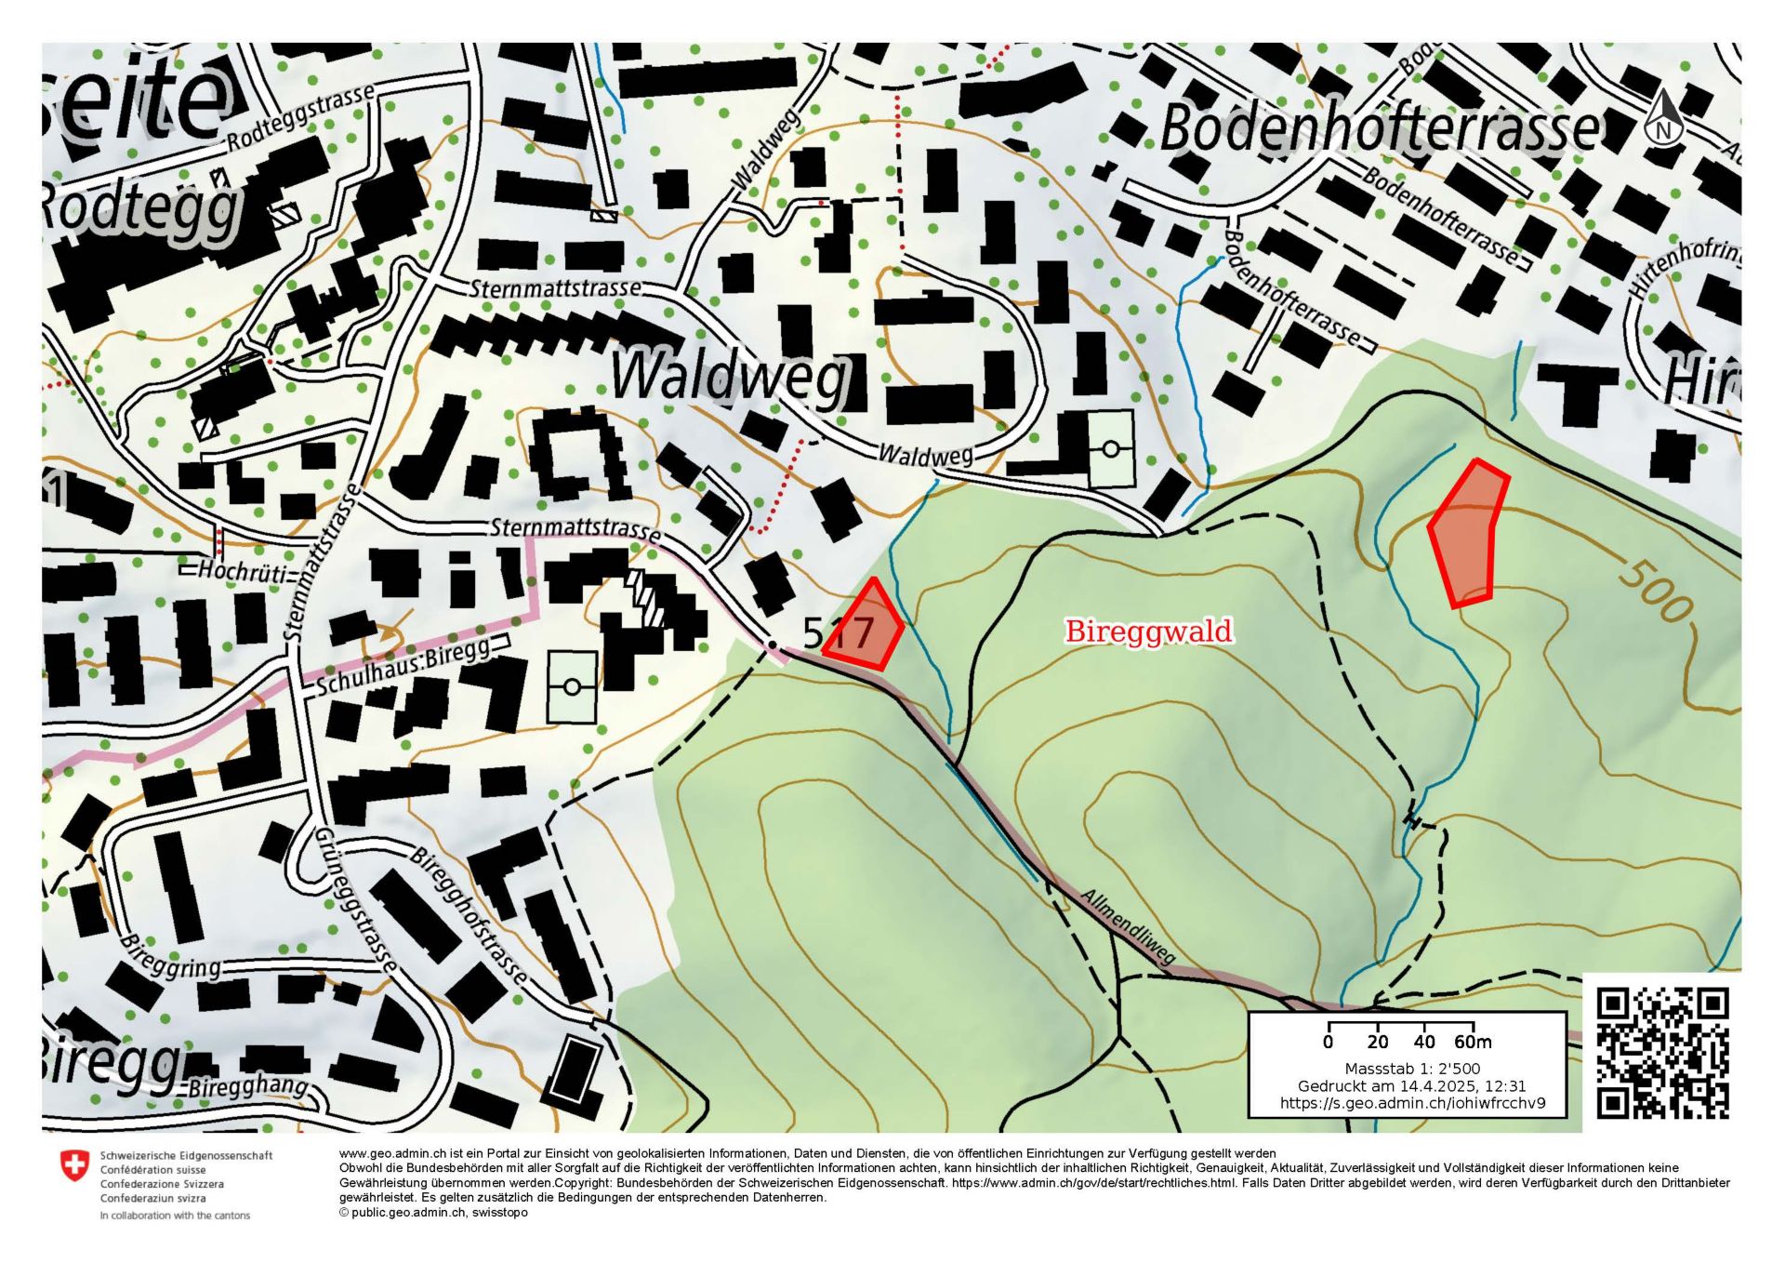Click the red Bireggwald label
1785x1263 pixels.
tap(1148, 631)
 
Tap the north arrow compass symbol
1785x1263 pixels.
tap(1664, 119)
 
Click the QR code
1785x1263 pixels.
tap(1662, 1053)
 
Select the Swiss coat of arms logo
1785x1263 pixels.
tap(73, 1164)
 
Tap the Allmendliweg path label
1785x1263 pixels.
tap(1129, 927)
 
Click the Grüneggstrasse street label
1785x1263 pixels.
tap(356, 900)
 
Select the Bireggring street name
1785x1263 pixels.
tap(171, 958)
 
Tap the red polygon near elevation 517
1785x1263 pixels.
tap(866, 628)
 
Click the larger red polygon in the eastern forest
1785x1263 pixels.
tap(1467, 535)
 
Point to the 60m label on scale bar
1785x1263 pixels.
tap(1473, 1042)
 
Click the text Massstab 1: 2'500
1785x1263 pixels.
tap(1412, 1069)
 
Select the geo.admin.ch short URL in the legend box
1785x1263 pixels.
tap(1412, 1103)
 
